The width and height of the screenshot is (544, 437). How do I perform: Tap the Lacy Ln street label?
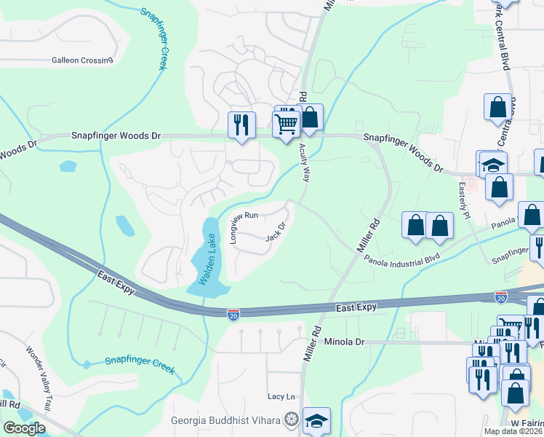coord(281,396)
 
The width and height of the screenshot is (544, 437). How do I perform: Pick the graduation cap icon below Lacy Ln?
coord(316,421)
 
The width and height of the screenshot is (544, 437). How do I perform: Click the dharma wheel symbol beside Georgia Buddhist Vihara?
coord(291,420)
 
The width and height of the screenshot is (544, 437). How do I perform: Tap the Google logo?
coord(24,428)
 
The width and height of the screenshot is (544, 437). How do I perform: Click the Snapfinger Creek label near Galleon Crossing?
coord(153,39)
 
